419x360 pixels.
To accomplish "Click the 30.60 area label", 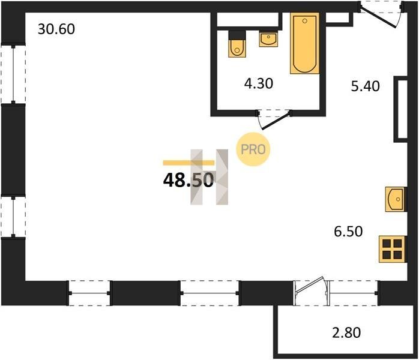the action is [x=56, y=29].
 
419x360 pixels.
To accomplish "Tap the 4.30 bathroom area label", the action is [x=259, y=83].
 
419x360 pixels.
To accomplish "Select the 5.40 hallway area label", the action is [x=366, y=86].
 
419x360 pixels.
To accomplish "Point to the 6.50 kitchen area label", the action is [x=348, y=231].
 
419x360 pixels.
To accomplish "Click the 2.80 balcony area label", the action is [x=346, y=332].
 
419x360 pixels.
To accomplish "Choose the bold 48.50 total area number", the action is [x=188, y=180].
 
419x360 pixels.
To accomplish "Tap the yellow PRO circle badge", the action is [x=253, y=149].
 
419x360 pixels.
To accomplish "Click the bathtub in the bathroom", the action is [x=304, y=43].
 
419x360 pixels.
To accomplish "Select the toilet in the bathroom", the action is [x=237, y=44].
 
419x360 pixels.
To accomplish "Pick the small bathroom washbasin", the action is [x=268, y=40].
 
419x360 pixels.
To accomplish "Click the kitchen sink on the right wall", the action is [x=396, y=199].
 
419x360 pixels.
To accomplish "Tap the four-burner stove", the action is [x=393, y=249].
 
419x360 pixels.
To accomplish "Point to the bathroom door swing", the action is [x=274, y=120].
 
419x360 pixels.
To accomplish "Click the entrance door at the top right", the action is [x=380, y=14].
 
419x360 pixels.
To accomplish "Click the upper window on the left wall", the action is [x=13, y=74].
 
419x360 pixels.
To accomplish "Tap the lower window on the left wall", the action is [x=13, y=217].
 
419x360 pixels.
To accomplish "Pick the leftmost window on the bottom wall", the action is [x=89, y=293].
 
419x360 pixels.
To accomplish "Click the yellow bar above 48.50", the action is [x=188, y=163].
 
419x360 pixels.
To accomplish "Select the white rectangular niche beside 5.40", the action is [x=401, y=109].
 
